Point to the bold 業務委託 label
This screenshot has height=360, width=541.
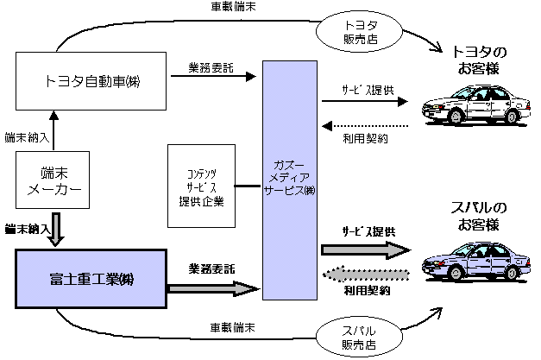211,268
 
